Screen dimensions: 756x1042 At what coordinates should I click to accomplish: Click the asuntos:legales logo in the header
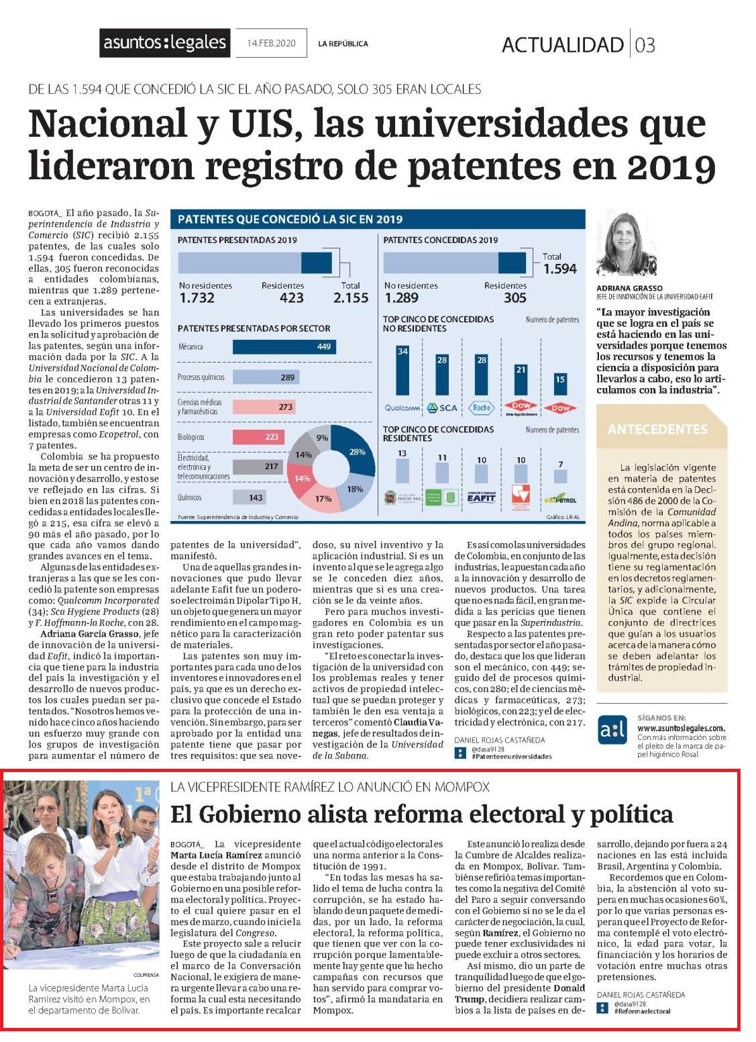[x=164, y=43]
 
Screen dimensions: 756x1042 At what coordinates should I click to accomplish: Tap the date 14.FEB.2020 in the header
[x=271, y=43]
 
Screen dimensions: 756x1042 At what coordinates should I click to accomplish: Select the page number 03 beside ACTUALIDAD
[x=645, y=45]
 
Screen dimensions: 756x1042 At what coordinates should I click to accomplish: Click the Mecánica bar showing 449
[x=284, y=346]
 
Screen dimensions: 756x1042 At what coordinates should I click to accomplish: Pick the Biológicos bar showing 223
[x=258, y=437]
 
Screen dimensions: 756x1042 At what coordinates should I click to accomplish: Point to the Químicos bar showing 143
[x=250, y=498]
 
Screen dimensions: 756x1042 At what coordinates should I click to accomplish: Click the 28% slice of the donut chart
[x=355, y=451]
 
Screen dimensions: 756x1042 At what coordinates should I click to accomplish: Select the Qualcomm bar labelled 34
[x=402, y=371]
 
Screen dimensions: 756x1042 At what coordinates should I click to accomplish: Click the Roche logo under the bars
[x=482, y=408]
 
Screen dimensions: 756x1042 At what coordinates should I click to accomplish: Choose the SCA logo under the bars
[x=442, y=408]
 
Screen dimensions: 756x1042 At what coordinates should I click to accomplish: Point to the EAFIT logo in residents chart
[x=481, y=497]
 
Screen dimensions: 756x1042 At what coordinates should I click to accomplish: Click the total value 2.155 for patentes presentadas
[x=350, y=297]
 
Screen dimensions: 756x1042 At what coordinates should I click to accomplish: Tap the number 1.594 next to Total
[x=560, y=269]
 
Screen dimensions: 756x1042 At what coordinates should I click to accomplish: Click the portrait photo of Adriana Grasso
[x=627, y=244]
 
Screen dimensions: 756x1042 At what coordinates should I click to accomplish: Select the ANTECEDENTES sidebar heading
[x=657, y=429]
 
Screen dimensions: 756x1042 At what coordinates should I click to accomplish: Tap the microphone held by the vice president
[x=116, y=833]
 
